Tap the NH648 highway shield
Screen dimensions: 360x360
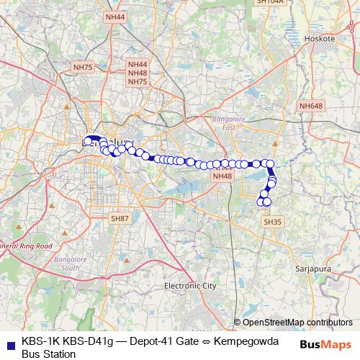click(x=310, y=106)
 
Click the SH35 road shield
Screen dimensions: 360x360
click(x=273, y=222)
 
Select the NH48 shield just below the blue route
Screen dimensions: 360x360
click(x=222, y=176)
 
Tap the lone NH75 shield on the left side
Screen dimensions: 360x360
click(x=84, y=67)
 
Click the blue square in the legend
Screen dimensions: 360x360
click(x=12, y=341)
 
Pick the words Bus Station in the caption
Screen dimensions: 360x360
click(x=49, y=354)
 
